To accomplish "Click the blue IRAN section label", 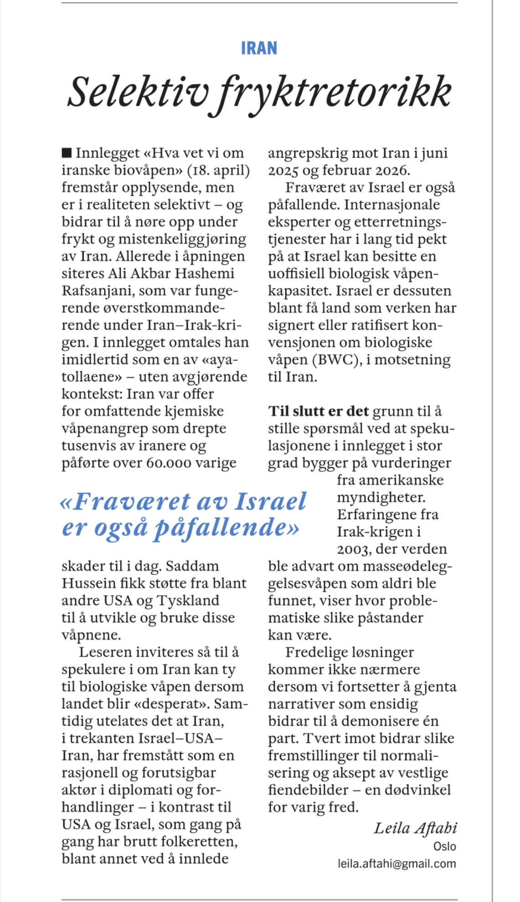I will coord(259,48).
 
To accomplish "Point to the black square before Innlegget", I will coord(67,152).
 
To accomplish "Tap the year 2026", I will coord(392,170).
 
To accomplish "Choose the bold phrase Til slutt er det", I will coord(318,411).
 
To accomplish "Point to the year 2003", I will coord(354,549).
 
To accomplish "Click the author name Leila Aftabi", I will coord(415,828).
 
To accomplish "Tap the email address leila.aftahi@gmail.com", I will coord(396,864).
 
